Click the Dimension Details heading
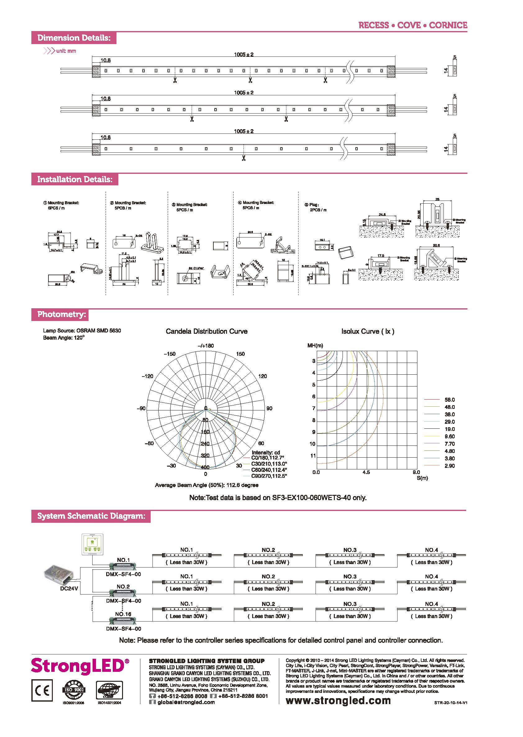point(74,38)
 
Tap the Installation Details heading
point(75,179)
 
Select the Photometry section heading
point(61,314)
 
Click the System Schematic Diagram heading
point(91,516)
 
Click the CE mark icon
point(42,690)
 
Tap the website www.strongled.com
point(338,700)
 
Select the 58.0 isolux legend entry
point(450,400)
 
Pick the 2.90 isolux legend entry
point(450,466)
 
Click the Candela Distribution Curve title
point(207,331)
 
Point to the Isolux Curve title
point(368,331)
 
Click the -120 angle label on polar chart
point(148,376)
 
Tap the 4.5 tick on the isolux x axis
point(366,472)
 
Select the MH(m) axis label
point(315,345)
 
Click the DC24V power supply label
point(69,588)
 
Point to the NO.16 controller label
point(123,614)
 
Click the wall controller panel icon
point(93,544)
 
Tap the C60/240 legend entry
point(269,470)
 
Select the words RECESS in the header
point(374,25)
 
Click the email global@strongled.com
point(186,702)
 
